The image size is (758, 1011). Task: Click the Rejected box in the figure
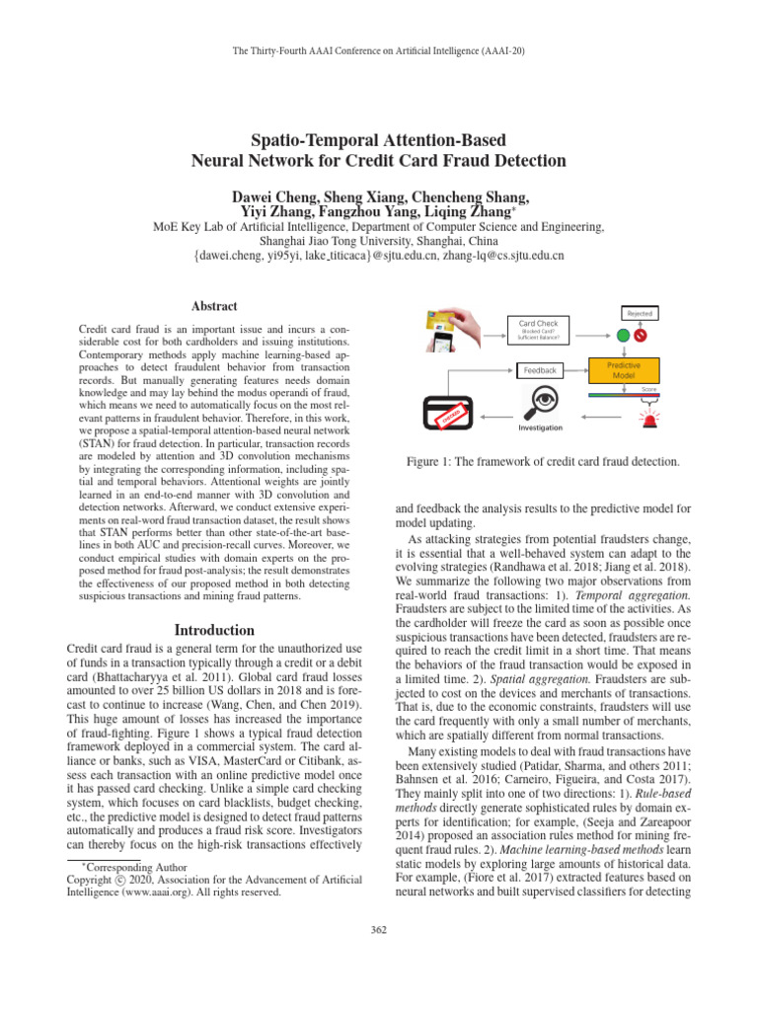coord(638,313)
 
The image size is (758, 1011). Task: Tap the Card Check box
coord(539,329)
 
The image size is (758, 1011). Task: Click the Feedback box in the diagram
coord(539,370)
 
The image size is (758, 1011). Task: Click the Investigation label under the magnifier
coord(541,428)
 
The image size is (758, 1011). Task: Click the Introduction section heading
coord(213,630)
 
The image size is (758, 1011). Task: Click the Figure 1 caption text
coord(544,462)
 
